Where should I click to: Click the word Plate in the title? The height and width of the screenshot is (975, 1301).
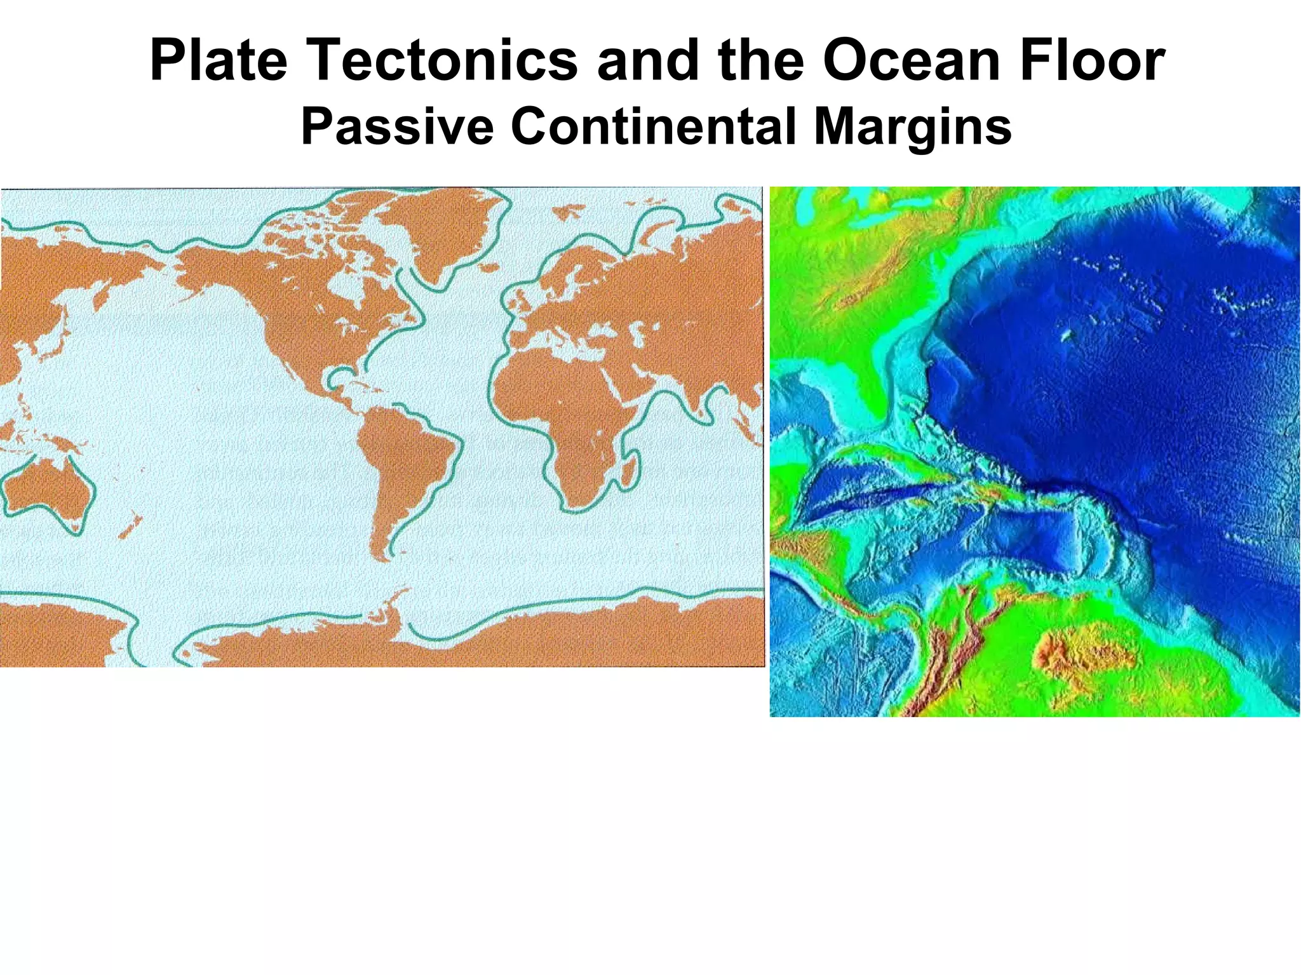tap(218, 61)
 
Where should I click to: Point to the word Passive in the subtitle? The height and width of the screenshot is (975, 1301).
tap(397, 126)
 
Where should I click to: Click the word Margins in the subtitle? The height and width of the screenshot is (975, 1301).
tap(913, 126)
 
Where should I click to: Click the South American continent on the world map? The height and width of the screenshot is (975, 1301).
tap(400, 457)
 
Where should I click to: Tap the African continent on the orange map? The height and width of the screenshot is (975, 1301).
tap(559, 407)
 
